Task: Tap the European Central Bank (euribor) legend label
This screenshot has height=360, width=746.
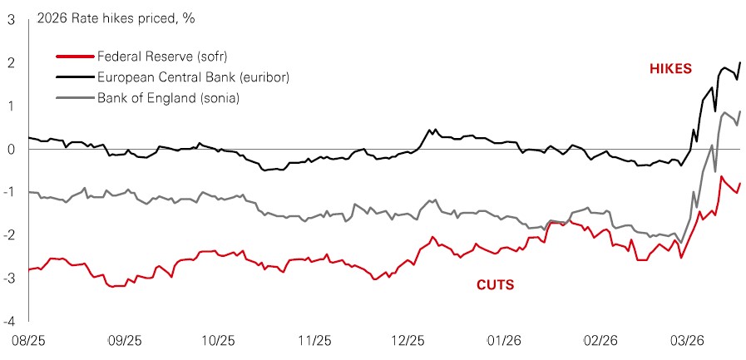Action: tap(180, 77)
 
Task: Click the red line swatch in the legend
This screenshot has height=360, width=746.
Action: tap(73, 57)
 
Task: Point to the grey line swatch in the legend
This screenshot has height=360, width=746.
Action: tap(73, 99)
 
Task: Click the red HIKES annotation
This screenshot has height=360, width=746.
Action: tap(670, 68)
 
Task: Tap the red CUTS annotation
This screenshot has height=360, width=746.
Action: tap(495, 285)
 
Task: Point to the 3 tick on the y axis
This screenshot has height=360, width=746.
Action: tap(10, 20)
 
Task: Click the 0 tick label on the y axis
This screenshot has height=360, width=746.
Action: tap(10, 150)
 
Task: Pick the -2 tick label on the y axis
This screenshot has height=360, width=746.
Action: tap(8, 235)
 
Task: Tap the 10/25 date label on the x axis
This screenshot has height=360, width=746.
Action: tap(219, 342)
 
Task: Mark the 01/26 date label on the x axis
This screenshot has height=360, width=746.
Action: tap(504, 342)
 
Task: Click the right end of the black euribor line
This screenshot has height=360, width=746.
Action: tap(741, 63)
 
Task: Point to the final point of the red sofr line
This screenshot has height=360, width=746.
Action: tap(740, 183)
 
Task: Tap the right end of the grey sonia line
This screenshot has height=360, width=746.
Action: tap(740, 111)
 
